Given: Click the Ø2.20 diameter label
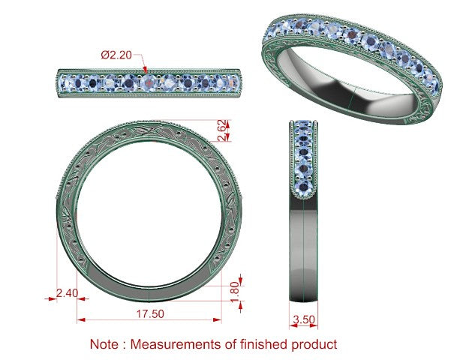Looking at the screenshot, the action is (x=116, y=55).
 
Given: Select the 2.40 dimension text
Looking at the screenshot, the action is (x=67, y=293).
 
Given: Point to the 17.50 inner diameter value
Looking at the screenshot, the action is (x=150, y=313).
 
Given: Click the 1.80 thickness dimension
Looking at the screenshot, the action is (x=236, y=292).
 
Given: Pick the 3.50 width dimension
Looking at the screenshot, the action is (x=304, y=319).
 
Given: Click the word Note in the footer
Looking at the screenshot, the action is (x=104, y=343).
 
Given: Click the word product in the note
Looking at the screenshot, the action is (x=314, y=345).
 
